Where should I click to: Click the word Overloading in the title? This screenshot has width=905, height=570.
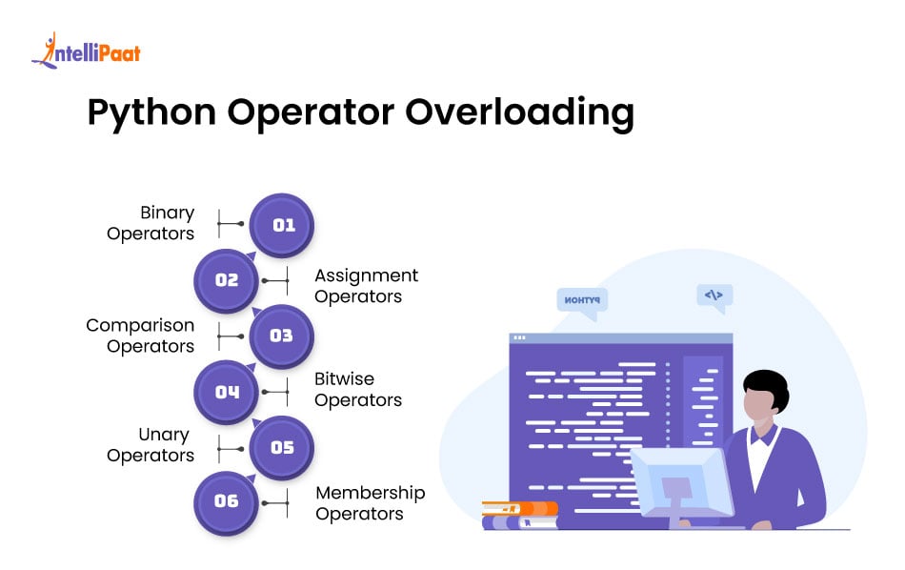519,112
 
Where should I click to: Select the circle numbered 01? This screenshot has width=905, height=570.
282,226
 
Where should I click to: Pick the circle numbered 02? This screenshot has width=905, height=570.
227,281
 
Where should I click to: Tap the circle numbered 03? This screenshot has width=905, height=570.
282,336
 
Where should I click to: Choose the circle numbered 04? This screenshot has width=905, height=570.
227,392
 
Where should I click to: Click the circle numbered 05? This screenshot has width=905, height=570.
282,447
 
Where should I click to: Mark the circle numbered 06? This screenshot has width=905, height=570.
227,501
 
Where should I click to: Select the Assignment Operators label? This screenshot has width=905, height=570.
366,286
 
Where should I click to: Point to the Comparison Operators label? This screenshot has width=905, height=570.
140,336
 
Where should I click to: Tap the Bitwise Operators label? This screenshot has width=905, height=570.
357,389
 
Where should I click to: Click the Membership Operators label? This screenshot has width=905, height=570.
370,503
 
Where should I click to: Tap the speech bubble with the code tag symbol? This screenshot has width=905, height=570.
714,296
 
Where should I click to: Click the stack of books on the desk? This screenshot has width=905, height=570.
519,515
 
